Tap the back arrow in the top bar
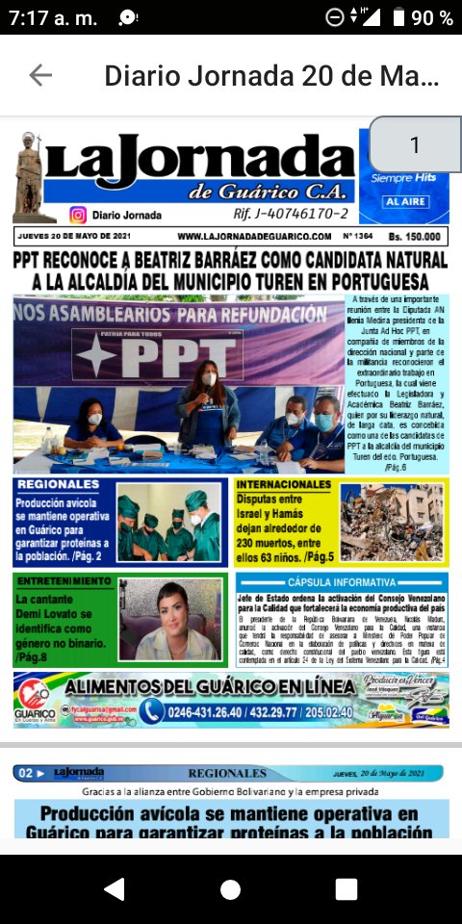[x=40, y=75]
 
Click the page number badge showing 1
[x=414, y=145]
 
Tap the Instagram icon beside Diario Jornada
[x=78, y=215]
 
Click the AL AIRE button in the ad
[x=404, y=202]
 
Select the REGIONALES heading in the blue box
[x=58, y=485]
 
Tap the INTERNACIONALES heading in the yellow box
[x=284, y=485]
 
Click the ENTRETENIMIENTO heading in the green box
[x=64, y=581]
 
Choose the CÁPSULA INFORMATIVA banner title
[x=341, y=582]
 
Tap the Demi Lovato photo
[x=170, y=619]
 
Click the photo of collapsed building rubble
[x=391, y=523]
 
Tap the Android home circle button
[x=230, y=888]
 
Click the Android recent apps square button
[x=346, y=888]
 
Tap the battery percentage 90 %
[x=432, y=17]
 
